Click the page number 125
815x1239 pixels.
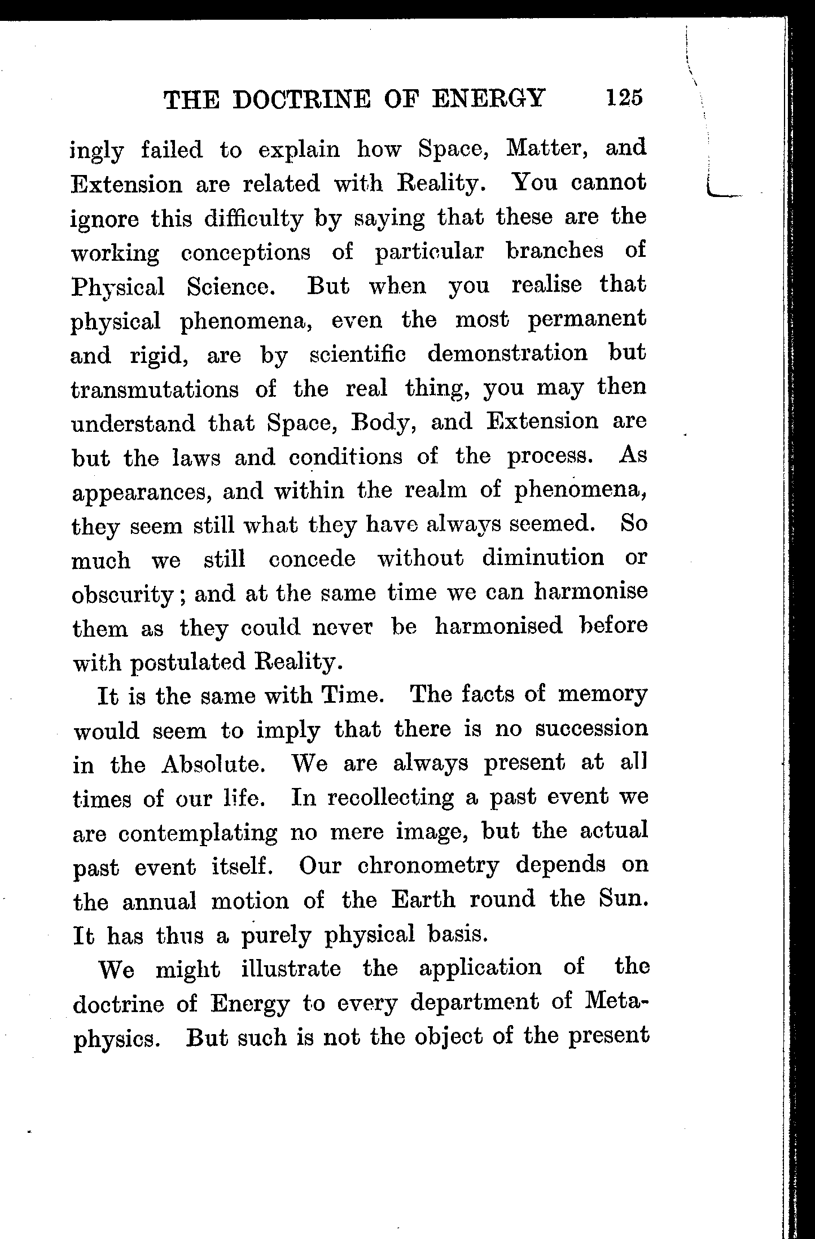[x=624, y=97]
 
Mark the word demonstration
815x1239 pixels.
[x=507, y=354]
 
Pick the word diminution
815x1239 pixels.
[x=543, y=558]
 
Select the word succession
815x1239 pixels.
[x=591, y=729]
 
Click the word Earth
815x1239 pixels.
[x=423, y=900]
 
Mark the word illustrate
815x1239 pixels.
[x=291, y=969]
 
